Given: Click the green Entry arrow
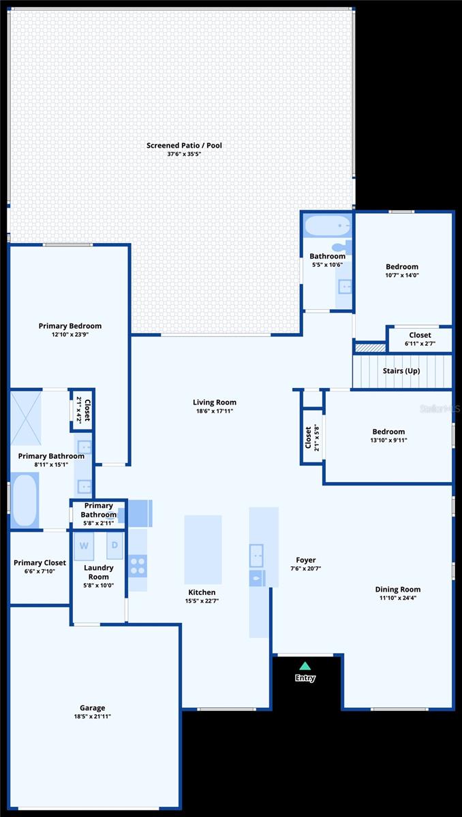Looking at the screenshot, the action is (x=305, y=666).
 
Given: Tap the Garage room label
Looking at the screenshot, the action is (x=92, y=707).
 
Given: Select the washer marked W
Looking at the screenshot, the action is (x=84, y=546).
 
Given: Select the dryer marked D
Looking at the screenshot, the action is (x=114, y=545).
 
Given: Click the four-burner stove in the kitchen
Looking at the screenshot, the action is (x=138, y=566).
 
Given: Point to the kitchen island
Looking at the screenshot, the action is (x=203, y=549).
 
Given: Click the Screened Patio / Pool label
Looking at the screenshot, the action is (x=184, y=145).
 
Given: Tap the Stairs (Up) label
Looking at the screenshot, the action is (x=401, y=371).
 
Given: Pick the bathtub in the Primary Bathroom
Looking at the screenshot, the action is (x=25, y=500).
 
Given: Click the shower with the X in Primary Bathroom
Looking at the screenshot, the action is (x=25, y=418).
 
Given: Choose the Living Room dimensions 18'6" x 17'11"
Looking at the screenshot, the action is (x=215, y=411).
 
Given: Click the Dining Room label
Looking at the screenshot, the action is (x=398, y=590).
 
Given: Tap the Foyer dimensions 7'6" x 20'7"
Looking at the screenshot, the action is (x=306, y=568).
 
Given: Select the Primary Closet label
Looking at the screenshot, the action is (x=40, y=563).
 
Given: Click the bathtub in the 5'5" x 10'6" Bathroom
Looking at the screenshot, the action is (x=328, y=226).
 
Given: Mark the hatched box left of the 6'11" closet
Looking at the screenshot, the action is (x=370, y=348).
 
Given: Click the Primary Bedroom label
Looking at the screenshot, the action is (x=70, y=326).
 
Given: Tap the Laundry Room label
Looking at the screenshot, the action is (x=99, y=573).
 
